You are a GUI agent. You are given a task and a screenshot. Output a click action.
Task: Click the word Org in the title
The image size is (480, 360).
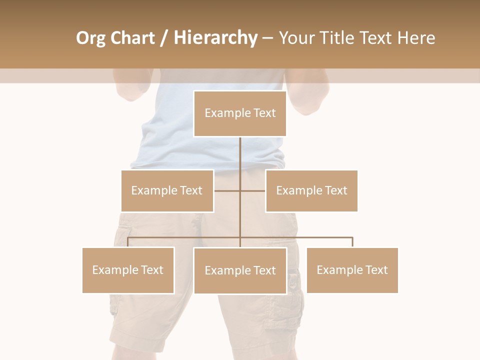pyautogui.click(x=90, y=38)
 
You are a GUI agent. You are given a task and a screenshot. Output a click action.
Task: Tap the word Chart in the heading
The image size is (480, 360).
pyautogui.click(x=130, y=38)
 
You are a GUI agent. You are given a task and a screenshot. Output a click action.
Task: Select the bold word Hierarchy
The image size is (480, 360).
pyautogui.click(x=215, y=38)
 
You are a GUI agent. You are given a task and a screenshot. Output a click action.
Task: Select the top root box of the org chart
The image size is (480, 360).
pyautogui.click(x=240, y=113)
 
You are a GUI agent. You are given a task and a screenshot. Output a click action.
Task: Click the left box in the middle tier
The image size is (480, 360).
pyautogui.click(x=167, y=190)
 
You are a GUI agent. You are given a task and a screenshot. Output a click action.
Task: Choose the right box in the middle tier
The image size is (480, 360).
pyautogui.click(x=311, y=190)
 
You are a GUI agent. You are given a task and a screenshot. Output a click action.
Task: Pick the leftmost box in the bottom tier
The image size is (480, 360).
pyautogui.click(x=128, y=270)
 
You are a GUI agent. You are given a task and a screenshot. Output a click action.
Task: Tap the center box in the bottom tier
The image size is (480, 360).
pyautogui.click(x=240, y=270)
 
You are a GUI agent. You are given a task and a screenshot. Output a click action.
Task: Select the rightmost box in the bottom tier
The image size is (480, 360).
pyautogui.click(x=352, y=270)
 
